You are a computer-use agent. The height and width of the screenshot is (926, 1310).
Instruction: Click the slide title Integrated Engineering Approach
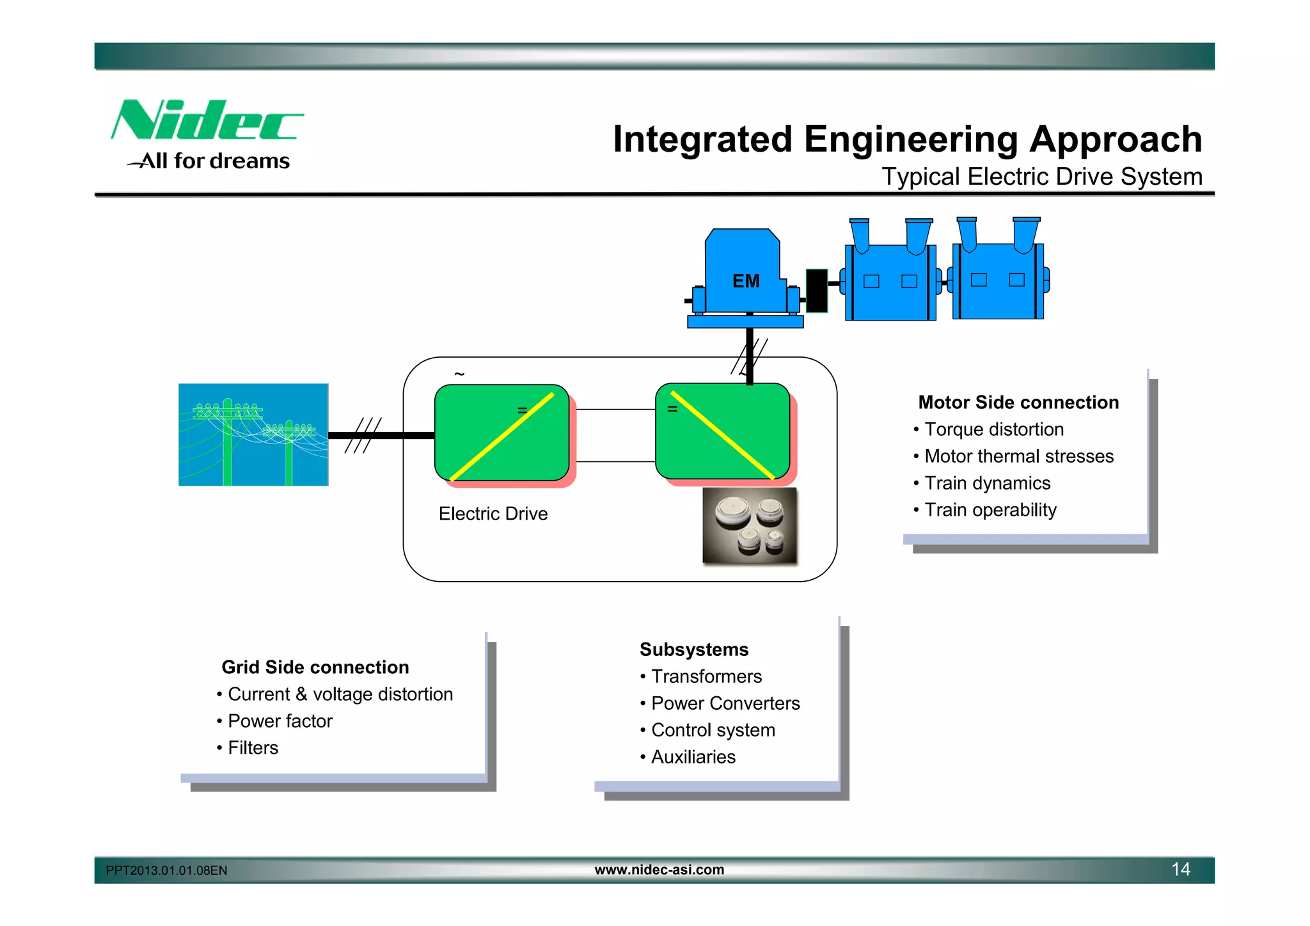coord(907,139)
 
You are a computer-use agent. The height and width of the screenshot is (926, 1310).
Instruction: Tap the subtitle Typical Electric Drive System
coord(1041,177)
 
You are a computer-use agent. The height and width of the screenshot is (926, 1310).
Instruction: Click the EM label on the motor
coord(746,281)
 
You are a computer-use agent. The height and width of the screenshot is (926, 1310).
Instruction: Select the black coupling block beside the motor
coord(816,291)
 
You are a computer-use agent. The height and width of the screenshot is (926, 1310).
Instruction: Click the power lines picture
coord(253,435)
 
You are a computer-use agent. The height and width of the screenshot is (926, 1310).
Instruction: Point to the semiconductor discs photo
coord(750,526)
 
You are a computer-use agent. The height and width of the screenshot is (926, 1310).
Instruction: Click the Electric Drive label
coord(493,514)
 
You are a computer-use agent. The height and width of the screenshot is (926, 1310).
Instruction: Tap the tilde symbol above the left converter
coord(459,374)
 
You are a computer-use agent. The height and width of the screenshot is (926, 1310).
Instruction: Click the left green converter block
coord(501,433)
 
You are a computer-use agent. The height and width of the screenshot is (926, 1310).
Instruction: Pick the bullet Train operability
coord(990,510)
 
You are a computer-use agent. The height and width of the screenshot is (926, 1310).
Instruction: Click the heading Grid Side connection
coord(315,667)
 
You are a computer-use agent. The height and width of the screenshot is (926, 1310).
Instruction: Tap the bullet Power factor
coord(280,721)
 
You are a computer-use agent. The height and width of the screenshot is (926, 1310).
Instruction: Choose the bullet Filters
coord(253,748)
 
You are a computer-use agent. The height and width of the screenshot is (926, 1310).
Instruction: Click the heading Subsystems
coord(694,650)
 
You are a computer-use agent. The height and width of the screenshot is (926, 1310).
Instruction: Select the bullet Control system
coord(713,730)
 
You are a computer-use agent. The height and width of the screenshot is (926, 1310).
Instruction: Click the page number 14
coord(1180,869)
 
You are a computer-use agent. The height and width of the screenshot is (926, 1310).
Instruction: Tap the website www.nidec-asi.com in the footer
coord(659,870)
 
